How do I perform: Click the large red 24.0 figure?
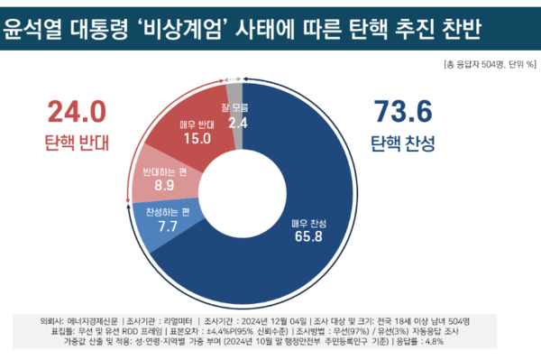(x=78, y=112)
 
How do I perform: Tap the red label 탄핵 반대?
(x=78, y=143)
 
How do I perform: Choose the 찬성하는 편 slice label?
(x=169, y=213)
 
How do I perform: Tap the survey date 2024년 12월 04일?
(x=266, y=320)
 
